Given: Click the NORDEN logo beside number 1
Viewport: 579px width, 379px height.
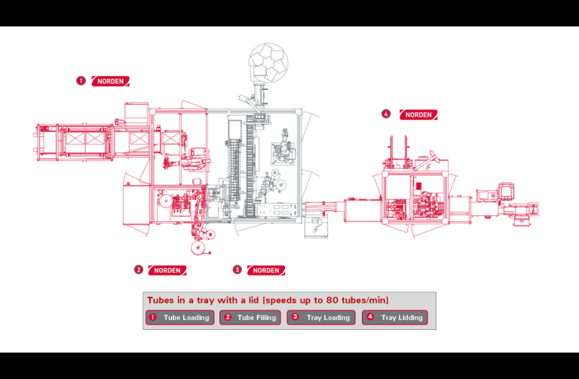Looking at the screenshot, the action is (110, 81).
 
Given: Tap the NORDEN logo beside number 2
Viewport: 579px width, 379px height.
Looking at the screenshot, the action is (167, 270).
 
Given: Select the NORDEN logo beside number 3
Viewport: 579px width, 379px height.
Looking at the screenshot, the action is (266, 270).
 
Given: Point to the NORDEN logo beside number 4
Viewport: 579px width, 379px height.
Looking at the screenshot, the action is (418, 115).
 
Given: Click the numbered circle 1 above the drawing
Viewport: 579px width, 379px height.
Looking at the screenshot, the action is (81, 81).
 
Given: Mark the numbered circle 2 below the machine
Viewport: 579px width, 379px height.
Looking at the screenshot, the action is (139, 270).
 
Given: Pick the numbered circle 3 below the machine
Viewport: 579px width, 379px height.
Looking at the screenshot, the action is (237, 270).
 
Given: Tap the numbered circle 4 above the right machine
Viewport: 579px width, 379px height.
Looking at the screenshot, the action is (386, 114).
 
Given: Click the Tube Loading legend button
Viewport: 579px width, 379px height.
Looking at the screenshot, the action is (180, 318).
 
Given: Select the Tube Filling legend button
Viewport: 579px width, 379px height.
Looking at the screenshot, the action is (250, 318).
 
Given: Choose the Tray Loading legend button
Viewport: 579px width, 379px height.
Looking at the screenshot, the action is (321, 318).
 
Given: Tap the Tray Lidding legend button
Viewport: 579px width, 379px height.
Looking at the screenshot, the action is (395, 318).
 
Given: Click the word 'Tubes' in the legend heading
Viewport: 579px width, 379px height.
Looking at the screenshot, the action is (161, 300).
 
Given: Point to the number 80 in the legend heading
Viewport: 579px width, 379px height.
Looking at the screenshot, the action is (332, 300).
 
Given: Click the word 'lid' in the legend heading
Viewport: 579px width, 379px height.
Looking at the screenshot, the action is (253, 300).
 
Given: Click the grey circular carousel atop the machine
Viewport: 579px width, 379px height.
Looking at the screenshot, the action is (268, 62).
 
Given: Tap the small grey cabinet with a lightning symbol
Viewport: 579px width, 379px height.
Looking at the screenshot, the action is (316, 227).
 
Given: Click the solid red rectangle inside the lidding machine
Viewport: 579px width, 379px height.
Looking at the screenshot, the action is (418, 186).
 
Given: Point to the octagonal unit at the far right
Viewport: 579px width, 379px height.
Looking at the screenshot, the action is (506, 190).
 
